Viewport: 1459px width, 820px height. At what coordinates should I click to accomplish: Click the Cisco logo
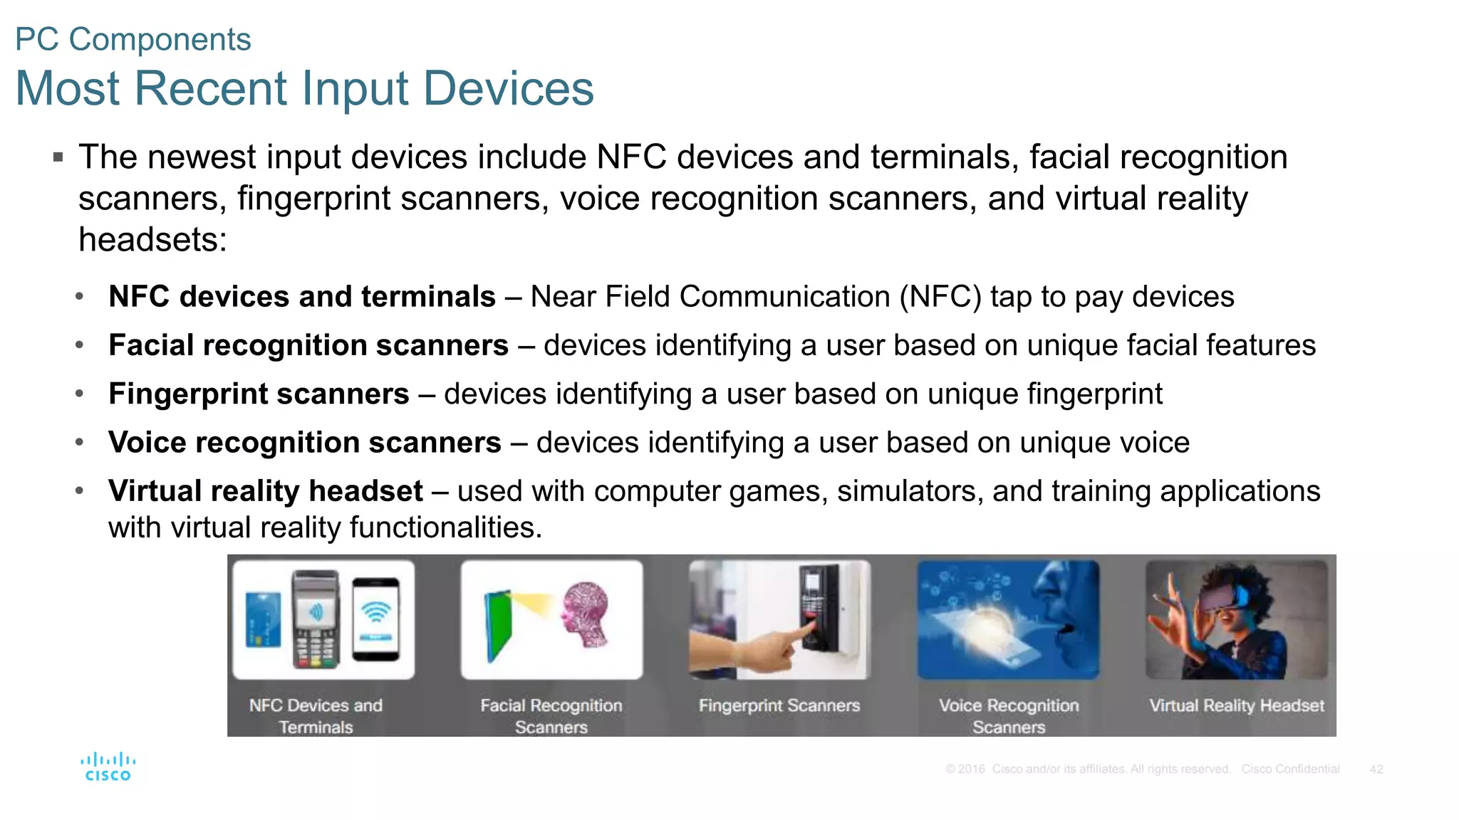pos(108,767)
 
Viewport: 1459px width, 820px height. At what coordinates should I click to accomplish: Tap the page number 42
pos(1376,769)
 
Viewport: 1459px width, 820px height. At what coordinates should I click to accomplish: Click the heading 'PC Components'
pos(133,39)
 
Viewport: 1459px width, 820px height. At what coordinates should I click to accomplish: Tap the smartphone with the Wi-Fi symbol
pos(376,619)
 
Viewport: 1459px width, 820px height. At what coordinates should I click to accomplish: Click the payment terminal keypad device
pos(316,619)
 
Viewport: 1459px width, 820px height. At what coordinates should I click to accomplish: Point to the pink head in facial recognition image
pos(586,614)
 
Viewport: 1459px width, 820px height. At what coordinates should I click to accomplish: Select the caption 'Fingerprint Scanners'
pos(779,705)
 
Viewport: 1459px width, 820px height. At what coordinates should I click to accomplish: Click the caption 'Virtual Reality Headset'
pos(1237,705)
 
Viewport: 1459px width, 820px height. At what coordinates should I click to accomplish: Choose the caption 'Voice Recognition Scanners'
pos(1009,716)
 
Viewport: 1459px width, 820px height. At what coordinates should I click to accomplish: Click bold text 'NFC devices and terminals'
pos(301,297)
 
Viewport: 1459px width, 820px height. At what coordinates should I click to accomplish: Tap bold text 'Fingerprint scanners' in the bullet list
pos(259,394)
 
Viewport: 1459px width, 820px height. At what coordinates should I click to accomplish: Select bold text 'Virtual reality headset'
pos(266,491)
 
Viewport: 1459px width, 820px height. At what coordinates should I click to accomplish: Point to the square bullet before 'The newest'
pos(58,157)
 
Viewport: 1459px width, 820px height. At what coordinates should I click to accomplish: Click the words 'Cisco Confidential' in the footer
pos(1290,769)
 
